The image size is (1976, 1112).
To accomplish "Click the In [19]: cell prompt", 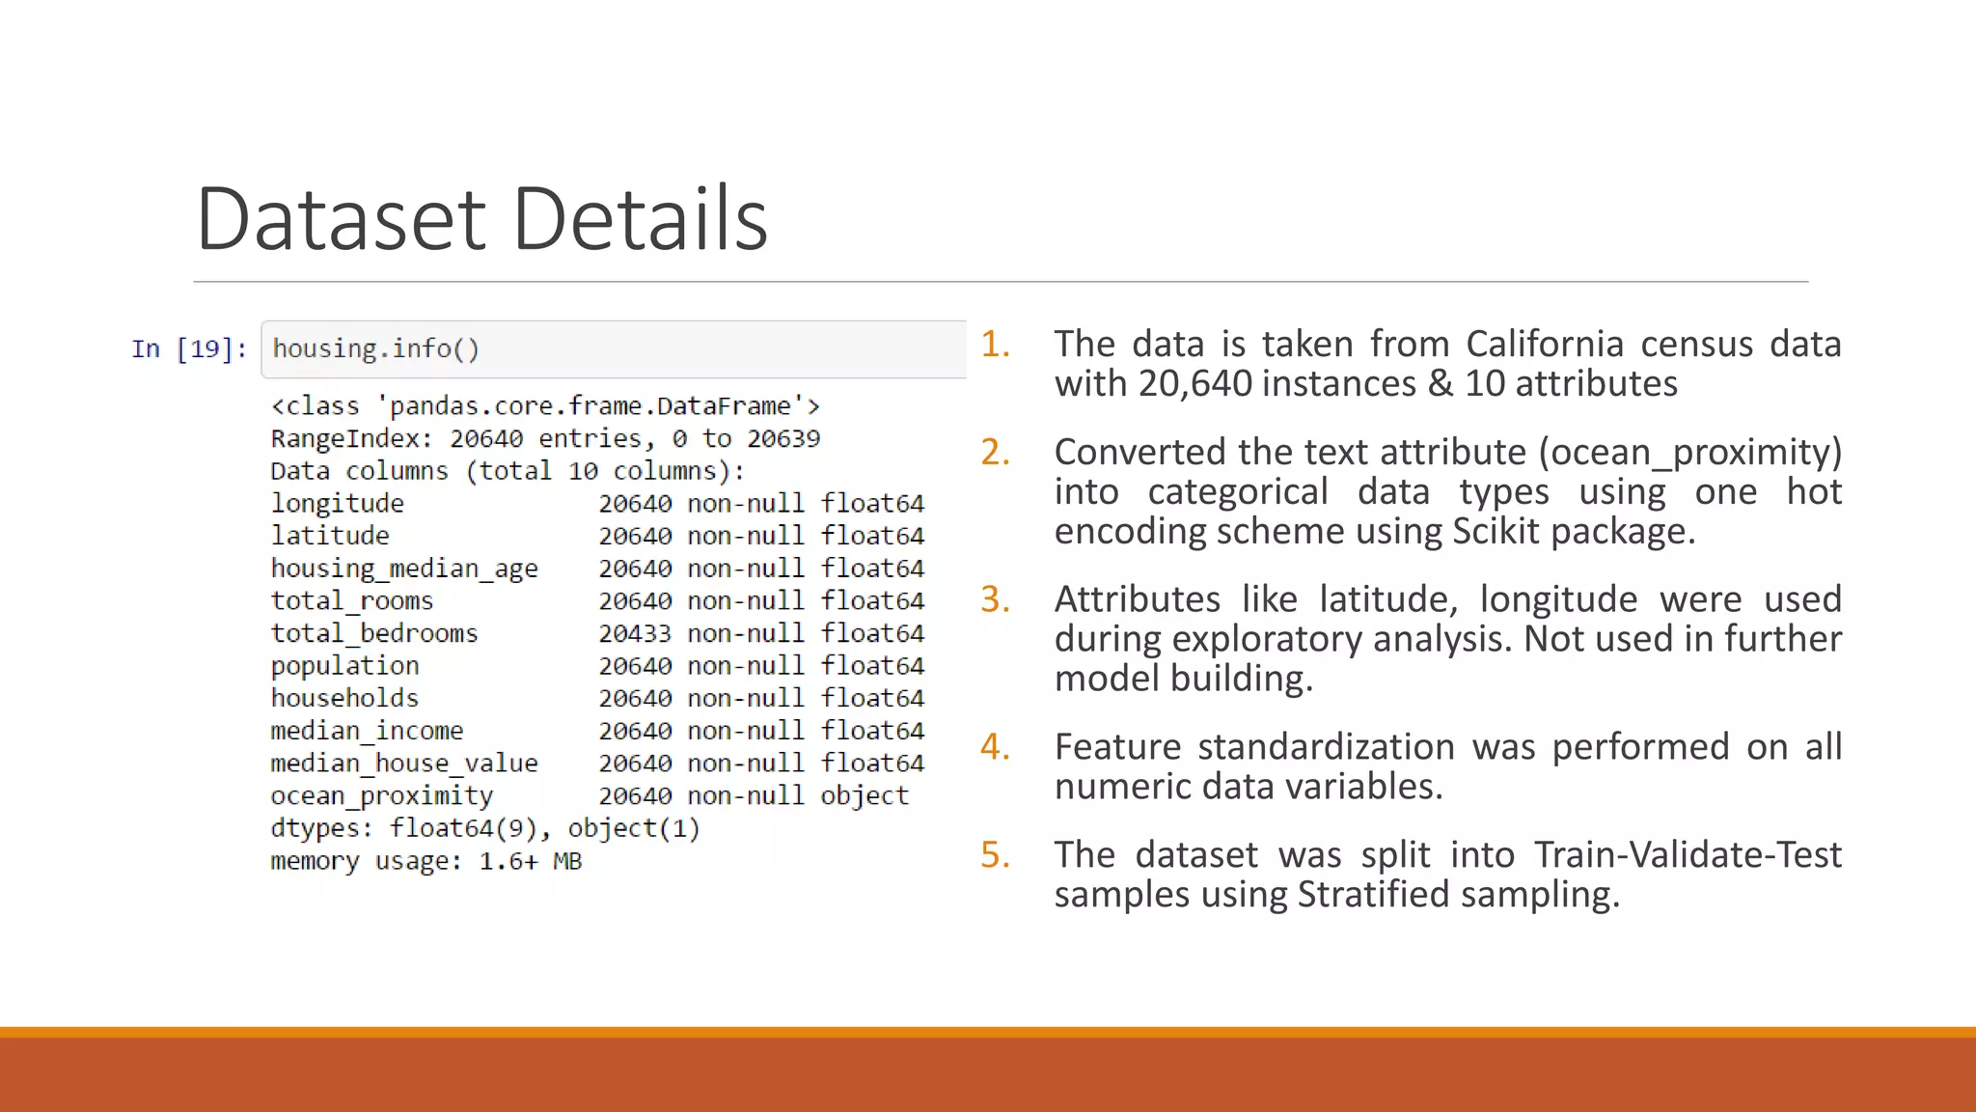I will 189,348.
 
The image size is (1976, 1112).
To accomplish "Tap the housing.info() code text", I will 375,348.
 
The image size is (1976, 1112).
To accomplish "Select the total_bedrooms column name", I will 374,633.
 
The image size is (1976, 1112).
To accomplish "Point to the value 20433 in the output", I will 634,633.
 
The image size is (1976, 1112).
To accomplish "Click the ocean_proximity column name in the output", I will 382,795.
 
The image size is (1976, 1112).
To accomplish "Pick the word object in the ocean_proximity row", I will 864,795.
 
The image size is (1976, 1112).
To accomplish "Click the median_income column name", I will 367,731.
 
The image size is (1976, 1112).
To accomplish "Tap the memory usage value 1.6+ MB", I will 531,861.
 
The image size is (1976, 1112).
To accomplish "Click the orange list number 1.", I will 995,345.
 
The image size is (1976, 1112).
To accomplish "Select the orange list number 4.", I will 995,747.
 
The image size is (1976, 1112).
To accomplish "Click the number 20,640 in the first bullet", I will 1194,384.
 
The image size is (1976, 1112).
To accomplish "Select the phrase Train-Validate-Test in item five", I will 1688,855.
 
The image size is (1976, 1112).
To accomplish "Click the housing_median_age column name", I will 404,569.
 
